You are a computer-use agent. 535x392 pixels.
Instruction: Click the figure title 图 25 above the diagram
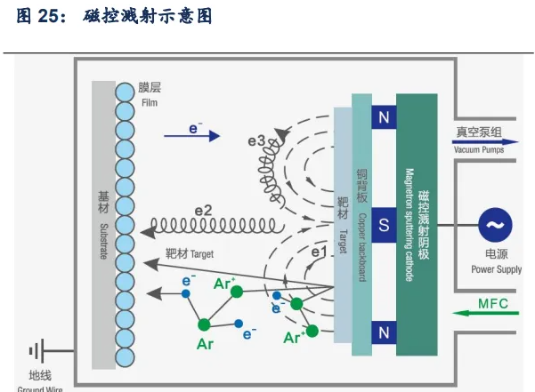(x=115, y=17)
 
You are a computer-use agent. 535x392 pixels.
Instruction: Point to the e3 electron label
(x=256, y=140)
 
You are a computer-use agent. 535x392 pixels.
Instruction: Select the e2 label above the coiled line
(x=203, y=211)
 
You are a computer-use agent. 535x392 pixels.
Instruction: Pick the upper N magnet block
(x=384, y=116)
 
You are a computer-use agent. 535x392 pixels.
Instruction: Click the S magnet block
(x=384, y=225)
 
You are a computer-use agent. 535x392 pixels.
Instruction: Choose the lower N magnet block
(x=384, y=332)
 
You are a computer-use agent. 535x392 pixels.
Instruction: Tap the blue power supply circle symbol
(x=495, y=225)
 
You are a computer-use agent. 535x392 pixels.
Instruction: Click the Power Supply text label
(x=496, y=268)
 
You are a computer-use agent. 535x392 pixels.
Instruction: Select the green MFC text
(x=494, y=303)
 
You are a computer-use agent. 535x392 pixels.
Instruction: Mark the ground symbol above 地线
(x=37, y=350)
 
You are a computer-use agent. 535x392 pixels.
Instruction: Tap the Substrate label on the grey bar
(x=103, y=221)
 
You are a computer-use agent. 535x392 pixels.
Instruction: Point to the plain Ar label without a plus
(x=205, y=342)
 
